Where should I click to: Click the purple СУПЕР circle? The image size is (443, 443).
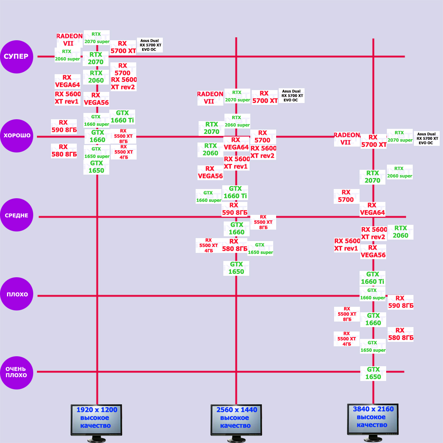pos(17,56)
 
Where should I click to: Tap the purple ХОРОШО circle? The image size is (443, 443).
pos(17,135)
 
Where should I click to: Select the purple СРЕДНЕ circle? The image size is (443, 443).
pos(17,215)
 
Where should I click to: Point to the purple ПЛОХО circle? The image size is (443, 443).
pos(17,294)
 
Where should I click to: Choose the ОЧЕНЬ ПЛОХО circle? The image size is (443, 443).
pos(17,372)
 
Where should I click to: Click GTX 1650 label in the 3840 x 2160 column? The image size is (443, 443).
pos(373,373)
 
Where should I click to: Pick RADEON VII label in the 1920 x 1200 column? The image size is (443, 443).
pos(69,40)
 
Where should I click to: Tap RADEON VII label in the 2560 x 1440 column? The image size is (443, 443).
pos(210,97)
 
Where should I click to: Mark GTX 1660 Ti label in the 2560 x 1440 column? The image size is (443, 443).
pos(235,192)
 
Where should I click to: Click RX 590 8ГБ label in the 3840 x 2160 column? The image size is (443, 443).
pos(401,302)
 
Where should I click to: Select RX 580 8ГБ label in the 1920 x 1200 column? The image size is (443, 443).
pos(64,151)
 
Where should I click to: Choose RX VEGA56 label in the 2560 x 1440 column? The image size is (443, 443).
pos(210,172)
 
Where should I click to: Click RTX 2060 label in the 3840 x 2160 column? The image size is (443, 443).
pos(401,232)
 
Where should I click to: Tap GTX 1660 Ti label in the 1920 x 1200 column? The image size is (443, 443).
pos(122,117)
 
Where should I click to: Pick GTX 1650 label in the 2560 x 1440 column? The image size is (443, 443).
pos(236,268)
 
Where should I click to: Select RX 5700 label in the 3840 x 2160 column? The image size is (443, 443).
pos(346,196)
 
